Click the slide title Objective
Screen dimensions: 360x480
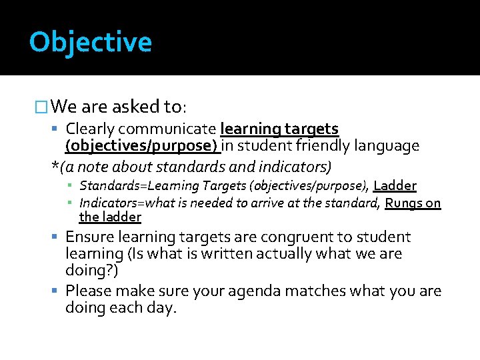pyautogui.click(x=91, y=42)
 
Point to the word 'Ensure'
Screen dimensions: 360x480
pyautogui.click(x=90, y=237)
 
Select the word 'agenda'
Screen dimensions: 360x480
pyautogui.click(x=255, y=291)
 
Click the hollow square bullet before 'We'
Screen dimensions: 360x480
pyautogui.click(x=41, y=107)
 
